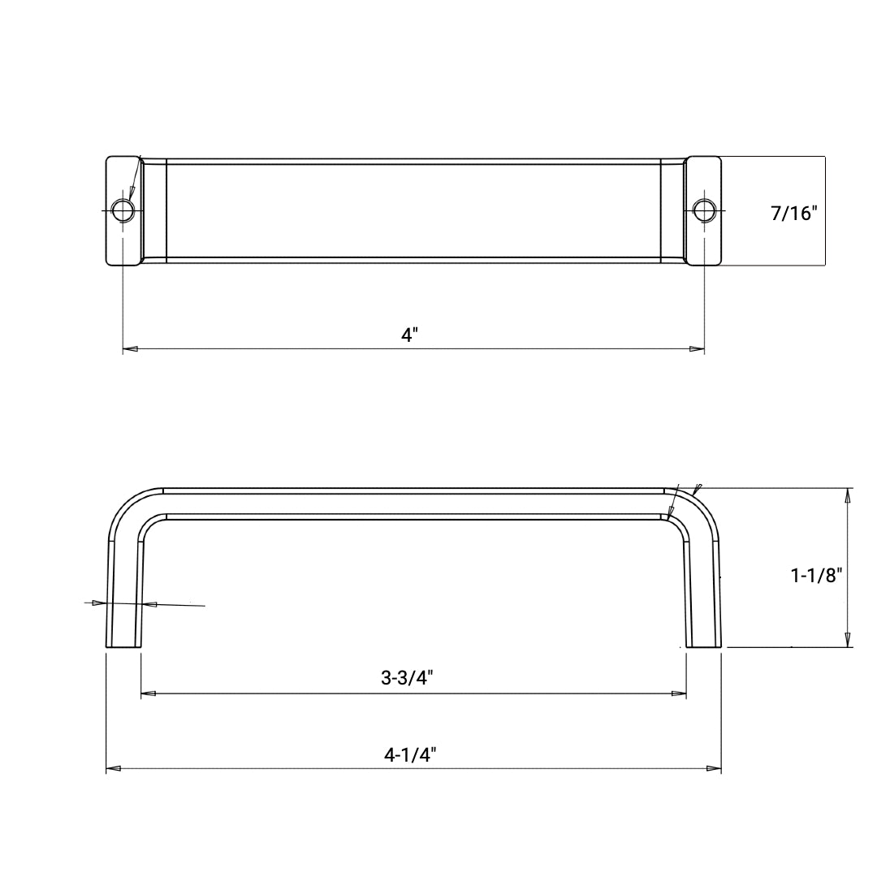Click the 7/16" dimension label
(793, 214)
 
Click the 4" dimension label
(409, 335)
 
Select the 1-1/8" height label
(816, 576)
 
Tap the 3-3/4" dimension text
(407, 678)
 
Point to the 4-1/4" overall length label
(410, 754)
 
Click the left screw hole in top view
(123, 210)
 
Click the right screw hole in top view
(703, 210)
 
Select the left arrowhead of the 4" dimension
(130, 349)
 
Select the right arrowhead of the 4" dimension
(697, 349)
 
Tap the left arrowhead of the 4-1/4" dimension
(114, 768)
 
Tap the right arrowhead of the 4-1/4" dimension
(714, 768)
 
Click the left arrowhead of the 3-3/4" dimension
(149, 693)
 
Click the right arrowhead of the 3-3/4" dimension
(679, 693)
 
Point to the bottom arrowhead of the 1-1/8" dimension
(848, 639)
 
